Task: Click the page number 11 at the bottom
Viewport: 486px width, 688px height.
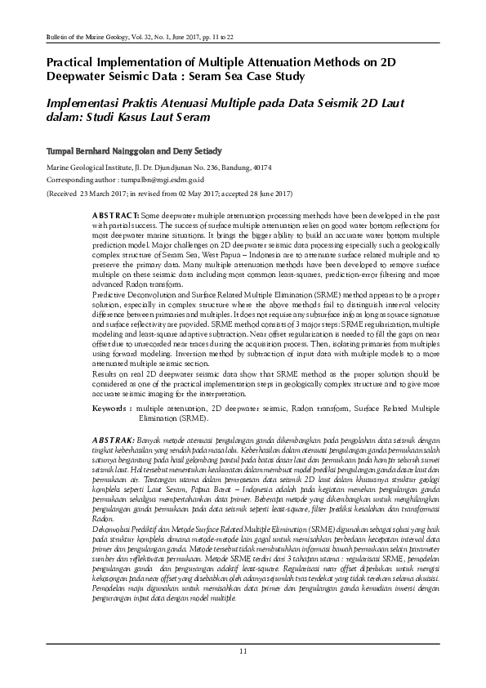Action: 243,650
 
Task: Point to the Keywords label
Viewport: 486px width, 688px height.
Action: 112,406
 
